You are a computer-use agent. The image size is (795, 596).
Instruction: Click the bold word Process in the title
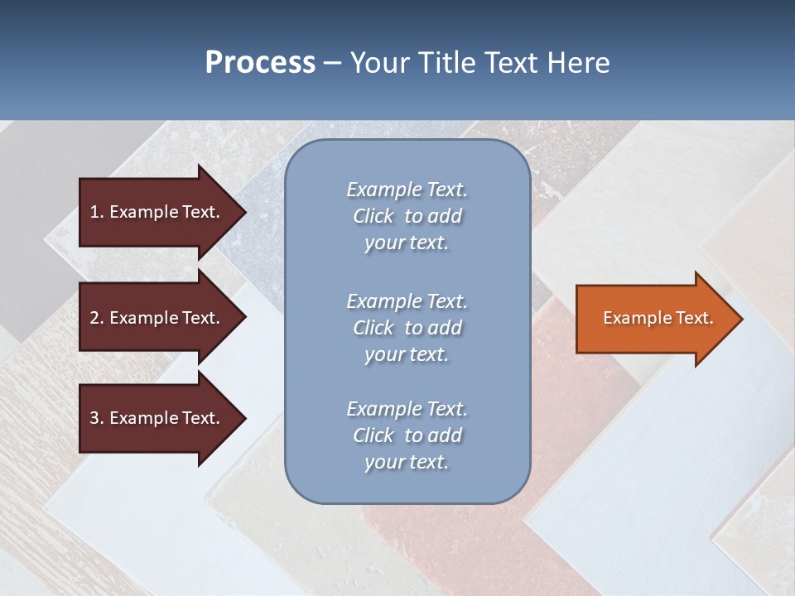tap(260, 63)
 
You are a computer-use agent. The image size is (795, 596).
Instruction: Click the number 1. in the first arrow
tap(97, 212)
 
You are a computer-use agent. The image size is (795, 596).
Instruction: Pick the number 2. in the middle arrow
tap(97, 318)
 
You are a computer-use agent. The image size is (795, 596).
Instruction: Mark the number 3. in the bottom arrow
tap(97, 418)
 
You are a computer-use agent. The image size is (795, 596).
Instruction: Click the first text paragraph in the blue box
tap(407, 216)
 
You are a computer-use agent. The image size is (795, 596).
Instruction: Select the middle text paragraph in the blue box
tap(407, 328)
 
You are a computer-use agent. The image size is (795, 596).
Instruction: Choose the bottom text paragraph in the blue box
tap(407, 435)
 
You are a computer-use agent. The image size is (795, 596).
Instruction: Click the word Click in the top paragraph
tap(373, 216)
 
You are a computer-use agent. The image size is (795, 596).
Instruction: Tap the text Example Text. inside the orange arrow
tap(658, 318)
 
